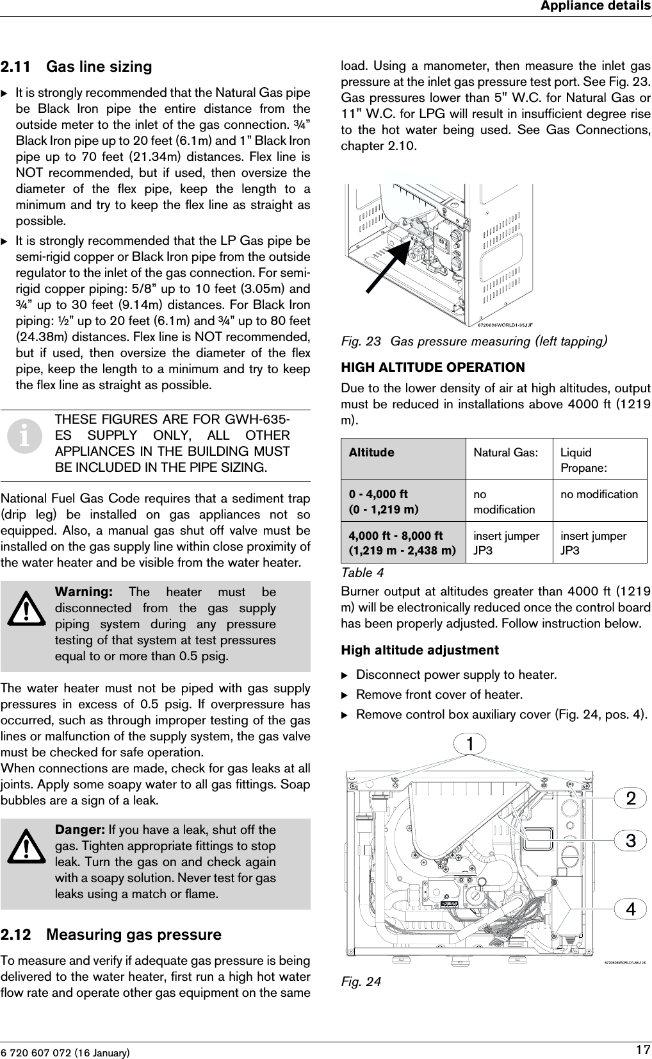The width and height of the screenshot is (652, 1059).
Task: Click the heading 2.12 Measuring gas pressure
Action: point(111,935)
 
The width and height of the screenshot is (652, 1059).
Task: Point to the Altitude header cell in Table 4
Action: point(371,453)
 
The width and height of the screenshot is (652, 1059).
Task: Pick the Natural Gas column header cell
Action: point(505,453)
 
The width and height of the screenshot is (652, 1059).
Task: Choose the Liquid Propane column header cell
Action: point(583,460)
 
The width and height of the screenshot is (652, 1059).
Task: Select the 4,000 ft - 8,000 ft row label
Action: point(402,543)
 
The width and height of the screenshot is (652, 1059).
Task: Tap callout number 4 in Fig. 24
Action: point(631,909)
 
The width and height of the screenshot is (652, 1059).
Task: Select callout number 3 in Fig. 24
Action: point(631,840)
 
